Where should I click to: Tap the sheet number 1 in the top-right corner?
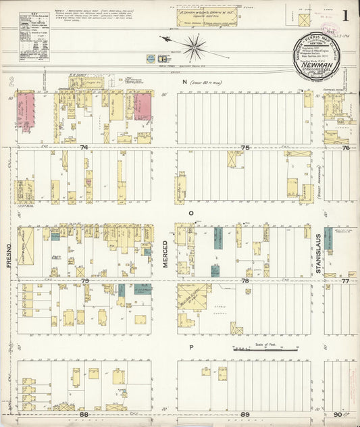345,15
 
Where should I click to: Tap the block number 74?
84,147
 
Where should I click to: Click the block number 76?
346,147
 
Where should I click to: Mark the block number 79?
84,280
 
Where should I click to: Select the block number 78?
245,280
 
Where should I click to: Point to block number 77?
346,280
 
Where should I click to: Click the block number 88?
84,414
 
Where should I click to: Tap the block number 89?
245,414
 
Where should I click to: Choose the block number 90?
337,414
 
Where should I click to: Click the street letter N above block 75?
182,82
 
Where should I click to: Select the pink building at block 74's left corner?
25,108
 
